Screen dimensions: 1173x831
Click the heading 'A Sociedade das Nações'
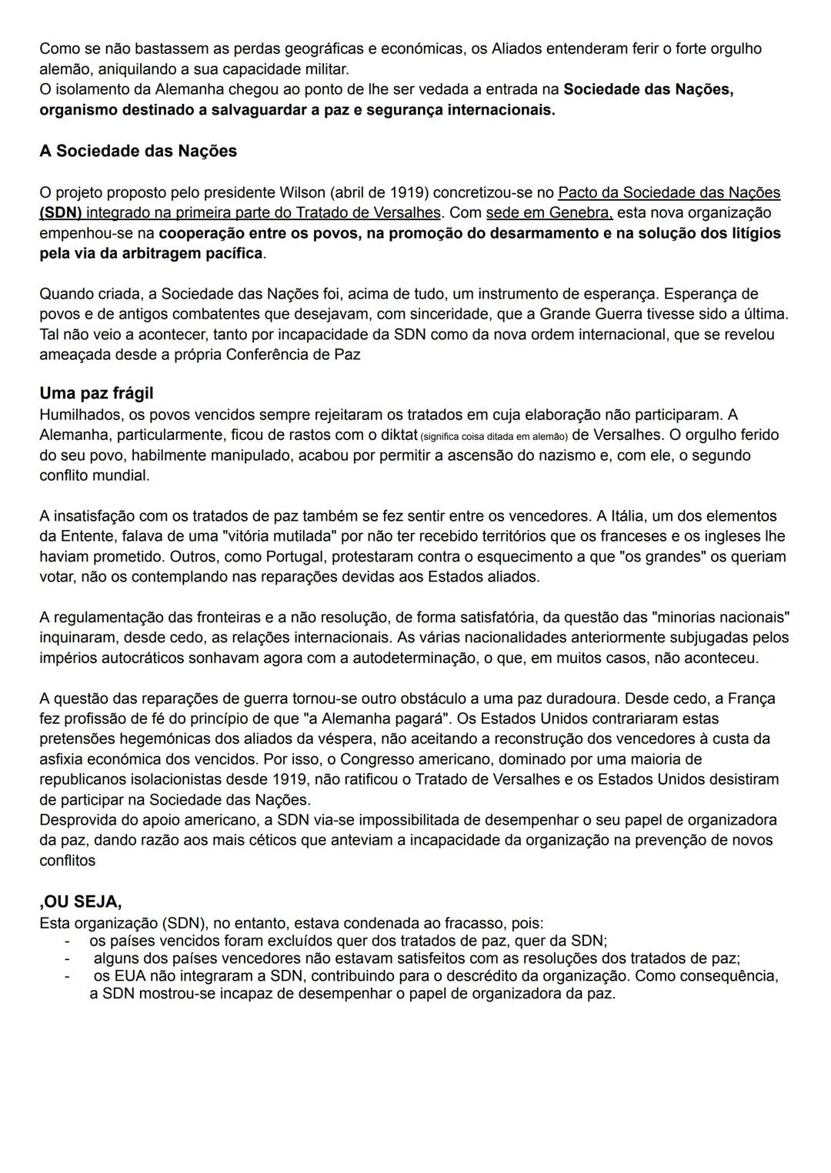tap(138, 151)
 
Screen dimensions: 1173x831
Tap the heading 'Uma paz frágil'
tap(96, 393)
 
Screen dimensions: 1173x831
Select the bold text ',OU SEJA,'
tap(80, 901)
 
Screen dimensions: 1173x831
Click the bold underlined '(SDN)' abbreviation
tap(61, 212)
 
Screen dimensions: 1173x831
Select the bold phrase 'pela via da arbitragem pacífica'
tap(151, 253)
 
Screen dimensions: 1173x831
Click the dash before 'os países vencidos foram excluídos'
tap(68, 941)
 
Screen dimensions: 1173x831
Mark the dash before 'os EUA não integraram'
tap(68, 976)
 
